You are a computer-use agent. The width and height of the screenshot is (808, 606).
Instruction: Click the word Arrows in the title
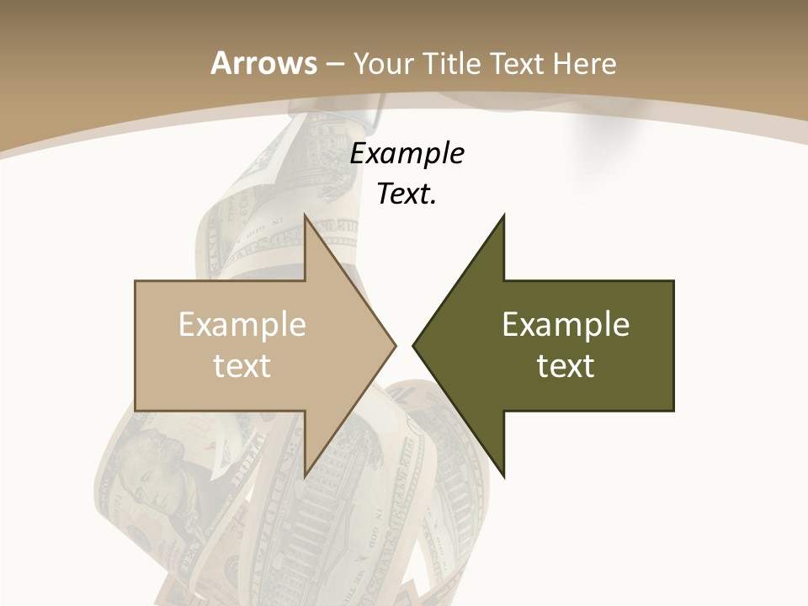point(263,63)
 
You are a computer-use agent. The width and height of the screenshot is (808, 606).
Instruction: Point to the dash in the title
point(334,64)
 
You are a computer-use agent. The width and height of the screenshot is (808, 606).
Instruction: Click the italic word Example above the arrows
point(407,154)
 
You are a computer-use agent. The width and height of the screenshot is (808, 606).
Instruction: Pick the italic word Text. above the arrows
point(407,194)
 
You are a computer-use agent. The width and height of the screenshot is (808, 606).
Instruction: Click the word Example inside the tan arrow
point(242,325)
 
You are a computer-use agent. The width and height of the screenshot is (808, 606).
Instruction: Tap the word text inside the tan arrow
point(242,365)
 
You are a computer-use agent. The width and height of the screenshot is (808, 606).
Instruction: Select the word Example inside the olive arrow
point(566,325)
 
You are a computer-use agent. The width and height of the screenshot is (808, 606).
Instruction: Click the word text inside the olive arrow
point(566,365)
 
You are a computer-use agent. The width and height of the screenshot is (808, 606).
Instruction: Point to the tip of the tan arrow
point(396,345)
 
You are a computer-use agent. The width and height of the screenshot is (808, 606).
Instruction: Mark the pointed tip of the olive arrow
point(413,345)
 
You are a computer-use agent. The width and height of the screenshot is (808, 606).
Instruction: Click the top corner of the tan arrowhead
point(306,215)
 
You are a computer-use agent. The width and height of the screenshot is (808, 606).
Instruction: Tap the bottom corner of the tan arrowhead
point(306,476)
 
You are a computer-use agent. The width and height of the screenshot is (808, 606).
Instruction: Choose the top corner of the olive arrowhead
point(503,215)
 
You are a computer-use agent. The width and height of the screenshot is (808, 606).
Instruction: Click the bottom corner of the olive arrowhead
point(503,476)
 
